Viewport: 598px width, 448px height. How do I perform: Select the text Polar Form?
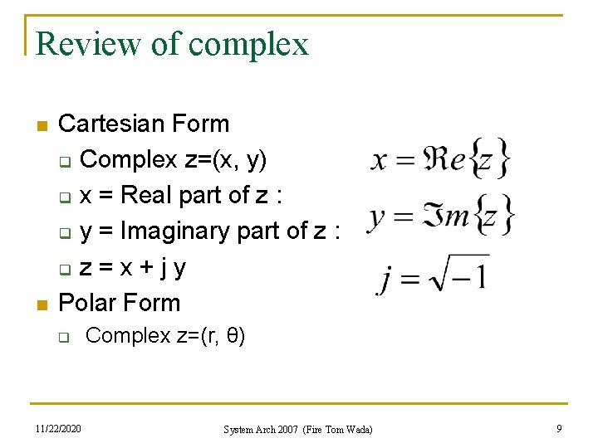(x=120, y=303)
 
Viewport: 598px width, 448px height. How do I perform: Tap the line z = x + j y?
(x=132, y=267)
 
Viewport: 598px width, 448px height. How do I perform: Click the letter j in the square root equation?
(x=385, y=279)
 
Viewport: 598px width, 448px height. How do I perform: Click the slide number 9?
(x=559, y=429)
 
